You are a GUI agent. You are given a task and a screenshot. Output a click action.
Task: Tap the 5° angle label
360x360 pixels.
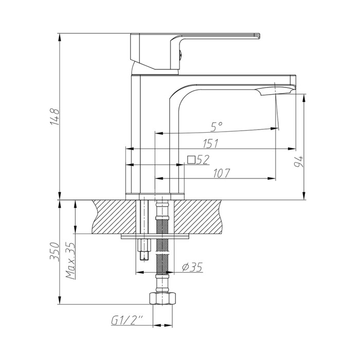coord(217,125)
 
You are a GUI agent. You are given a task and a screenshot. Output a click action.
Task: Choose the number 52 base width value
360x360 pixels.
coord(202,160)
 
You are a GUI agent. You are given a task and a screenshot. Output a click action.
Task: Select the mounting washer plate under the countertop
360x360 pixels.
coord(156,237)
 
